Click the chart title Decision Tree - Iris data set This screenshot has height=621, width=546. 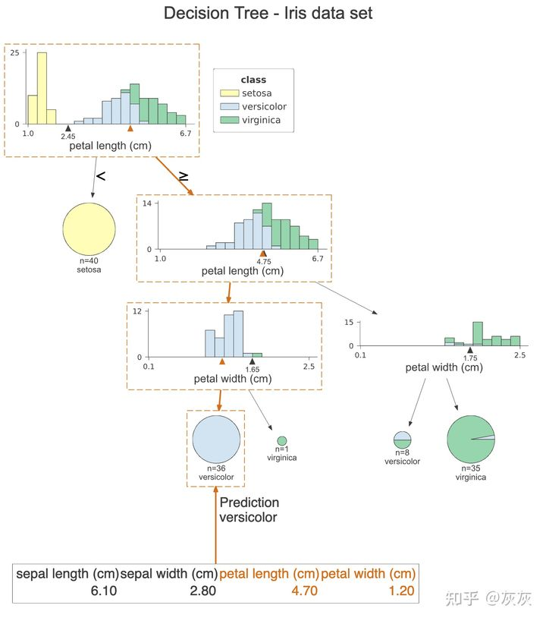[268, 14]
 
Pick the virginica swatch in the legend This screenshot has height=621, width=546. [229, 120]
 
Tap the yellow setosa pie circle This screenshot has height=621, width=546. [89, 229]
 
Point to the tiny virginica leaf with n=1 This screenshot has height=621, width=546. [281, 440]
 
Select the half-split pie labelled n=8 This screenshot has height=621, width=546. [402, 440]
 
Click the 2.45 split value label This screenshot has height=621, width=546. [68, 137]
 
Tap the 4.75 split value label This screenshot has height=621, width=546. [263, 262]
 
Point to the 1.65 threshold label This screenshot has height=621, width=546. [253, 370]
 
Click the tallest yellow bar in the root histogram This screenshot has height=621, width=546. [42, 87]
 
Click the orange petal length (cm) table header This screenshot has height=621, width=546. [269, 574]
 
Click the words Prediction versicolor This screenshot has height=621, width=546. [249, 510]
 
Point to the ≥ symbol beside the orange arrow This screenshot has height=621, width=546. [184, 176]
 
